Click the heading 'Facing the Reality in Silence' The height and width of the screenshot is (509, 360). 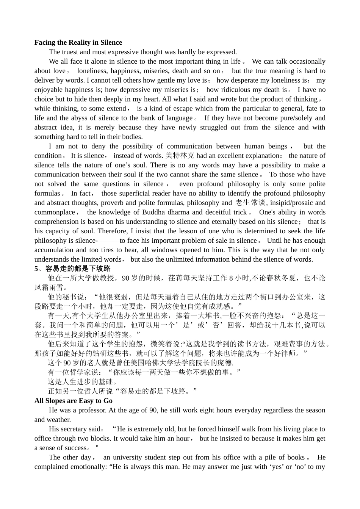(78, 42)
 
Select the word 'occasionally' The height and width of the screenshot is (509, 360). (307, 61)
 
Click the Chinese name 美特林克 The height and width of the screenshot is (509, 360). (180, 156)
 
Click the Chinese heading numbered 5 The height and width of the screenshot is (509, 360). (72, 269)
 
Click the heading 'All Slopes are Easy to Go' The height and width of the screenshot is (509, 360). (74, 401)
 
